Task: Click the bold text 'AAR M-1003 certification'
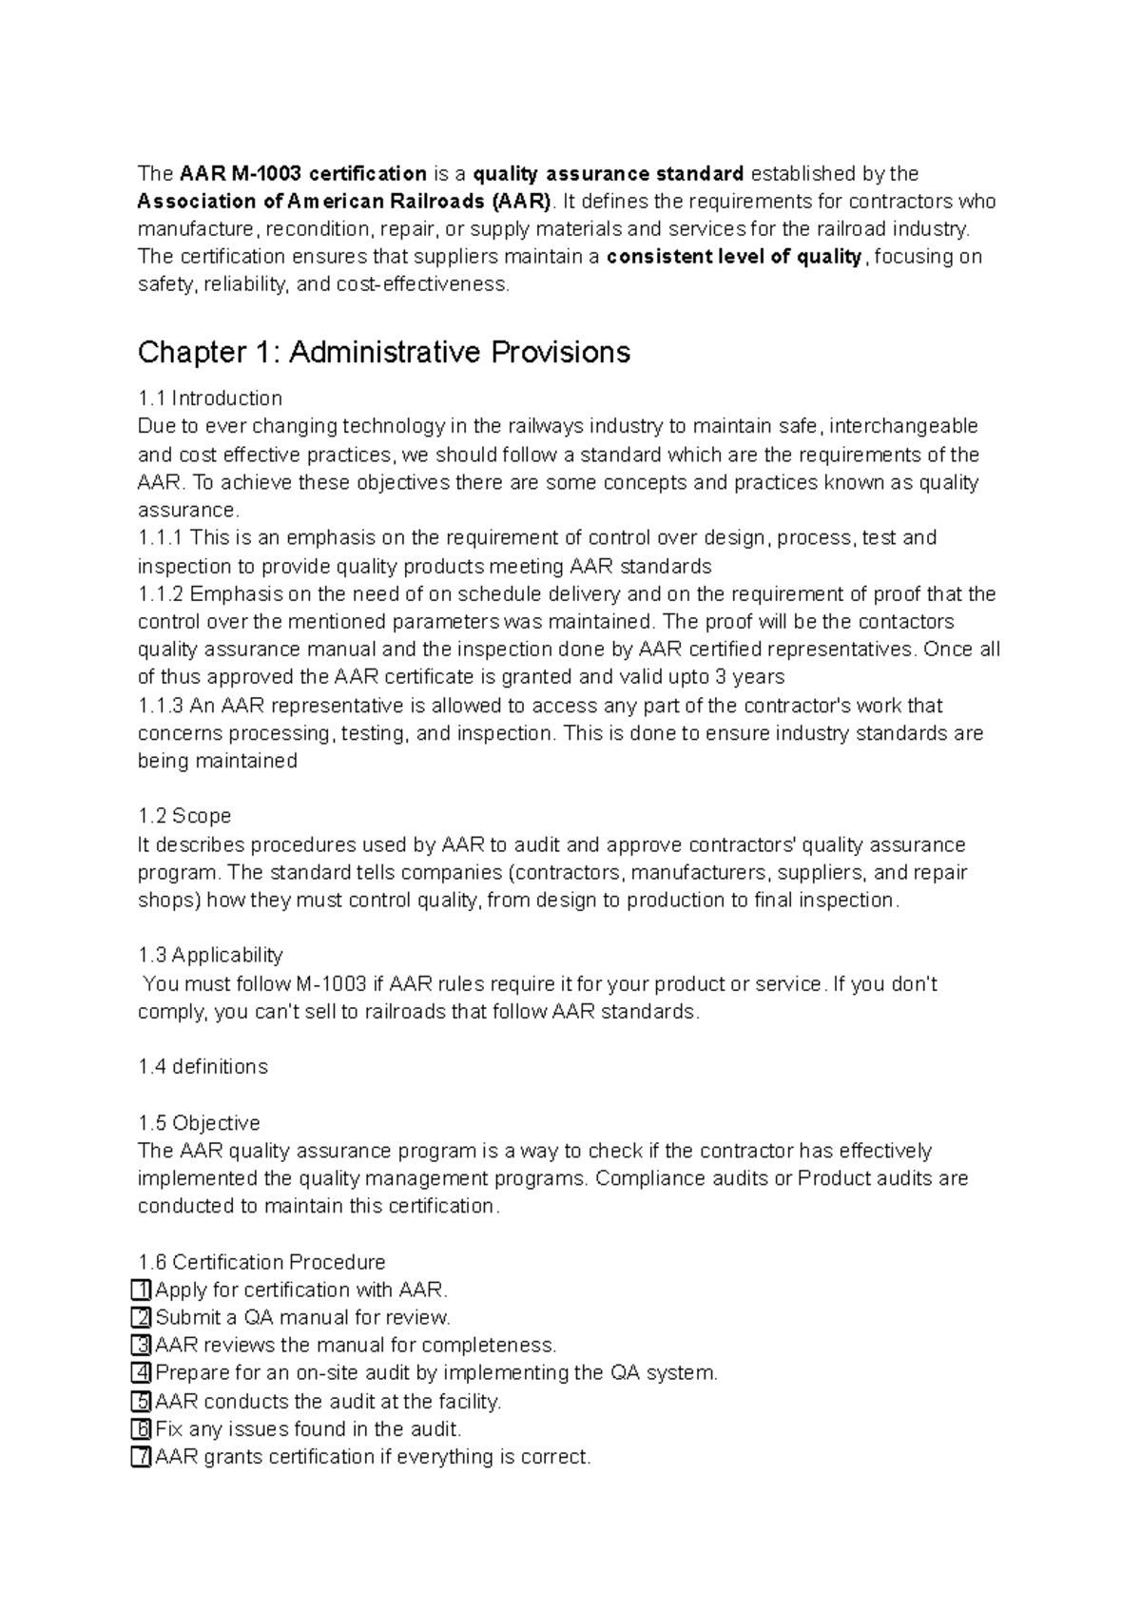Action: pos(303,174)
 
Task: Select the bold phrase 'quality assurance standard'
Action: pos(609,174)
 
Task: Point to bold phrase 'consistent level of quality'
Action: pos(735,257)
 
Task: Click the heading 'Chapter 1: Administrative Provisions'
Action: pos(384,353)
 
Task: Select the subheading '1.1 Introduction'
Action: pos(210,398)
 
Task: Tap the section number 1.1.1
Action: pos(161,538)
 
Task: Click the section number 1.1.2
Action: pos(161,594)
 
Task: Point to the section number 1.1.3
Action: pos(161,706)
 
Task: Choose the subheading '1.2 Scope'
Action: pos(184,817)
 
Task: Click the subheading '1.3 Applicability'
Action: pos(210,956)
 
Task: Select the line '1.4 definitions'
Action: pos(203,1067)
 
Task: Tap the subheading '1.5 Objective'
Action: pos(199,1123)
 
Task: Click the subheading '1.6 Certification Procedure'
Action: pos(261,1263)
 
